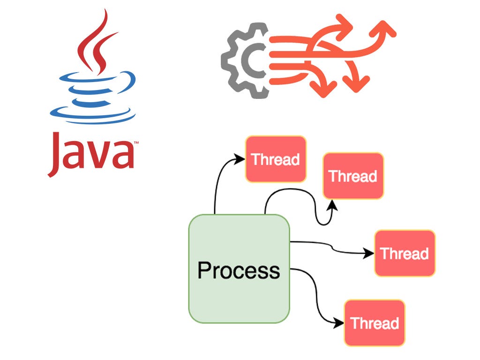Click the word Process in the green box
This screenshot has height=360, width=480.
(x=239, y=270)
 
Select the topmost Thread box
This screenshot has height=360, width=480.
(x=276, y=159)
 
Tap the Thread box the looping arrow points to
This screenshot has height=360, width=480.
(x=353, y=176)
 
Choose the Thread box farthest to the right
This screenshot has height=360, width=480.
(x=405, y=253)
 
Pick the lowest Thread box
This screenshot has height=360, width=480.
(x=375, y=323)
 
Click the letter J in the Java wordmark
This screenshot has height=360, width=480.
(x=56, y=152)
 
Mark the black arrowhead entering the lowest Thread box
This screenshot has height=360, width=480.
(x=339, y=322)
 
